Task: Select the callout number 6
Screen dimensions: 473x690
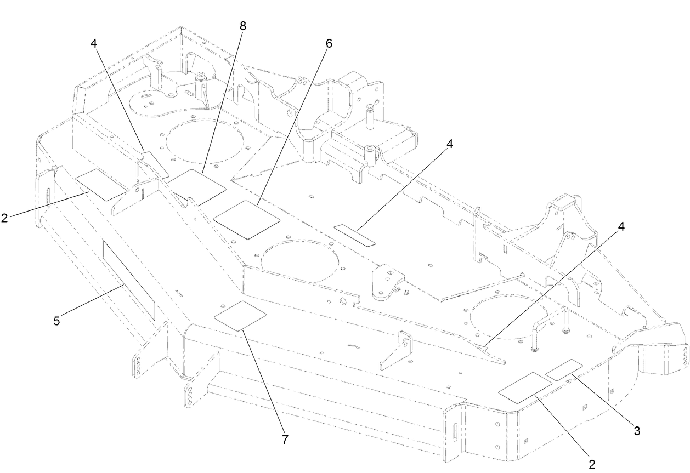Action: click(328, 43)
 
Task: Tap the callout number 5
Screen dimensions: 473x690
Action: click(56, 320)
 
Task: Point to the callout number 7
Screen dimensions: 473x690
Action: click(285, 439)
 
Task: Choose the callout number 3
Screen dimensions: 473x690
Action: click(636, 430)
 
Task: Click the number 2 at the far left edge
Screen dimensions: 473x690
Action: click(4, 217)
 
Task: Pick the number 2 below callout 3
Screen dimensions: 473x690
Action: click(592, 464)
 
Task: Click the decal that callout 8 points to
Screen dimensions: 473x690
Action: click(196, 187)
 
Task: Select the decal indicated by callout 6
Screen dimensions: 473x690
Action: click(246, 219)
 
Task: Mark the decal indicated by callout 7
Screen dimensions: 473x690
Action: click(240, 315)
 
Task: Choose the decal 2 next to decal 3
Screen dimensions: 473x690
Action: click(524, 388)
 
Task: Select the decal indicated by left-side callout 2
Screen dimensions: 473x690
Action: click(100, 185)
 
